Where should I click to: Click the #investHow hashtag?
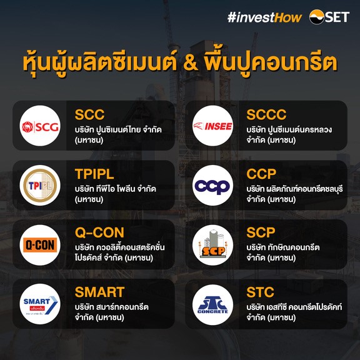[x=264, y=17]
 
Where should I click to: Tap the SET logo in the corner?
[x=329, y=17]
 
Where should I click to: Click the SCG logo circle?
[x=40, y=126]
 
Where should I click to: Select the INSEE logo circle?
[x=213, y=126]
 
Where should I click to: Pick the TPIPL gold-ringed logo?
[x=40, y=185]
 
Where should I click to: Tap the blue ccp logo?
[x=213, y=185]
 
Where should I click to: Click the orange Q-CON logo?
[x=40, y=245]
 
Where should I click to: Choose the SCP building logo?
[x=213, y=245]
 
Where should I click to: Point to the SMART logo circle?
[x=40, y=304]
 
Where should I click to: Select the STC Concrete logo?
[x=213, y=304]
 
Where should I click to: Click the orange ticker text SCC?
[x=89, y=114]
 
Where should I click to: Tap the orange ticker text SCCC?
[x=266, y=114]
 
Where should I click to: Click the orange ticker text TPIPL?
[x=94, y=174]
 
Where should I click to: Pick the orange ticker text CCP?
[x=261, y=174]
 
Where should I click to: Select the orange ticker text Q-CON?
[x=99, y=232]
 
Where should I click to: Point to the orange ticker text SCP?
[x=261, y=232]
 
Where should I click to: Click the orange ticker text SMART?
[x=99, y=292]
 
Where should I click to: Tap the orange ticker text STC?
[x=260, y=292]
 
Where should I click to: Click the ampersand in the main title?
[x=191, y=63]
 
